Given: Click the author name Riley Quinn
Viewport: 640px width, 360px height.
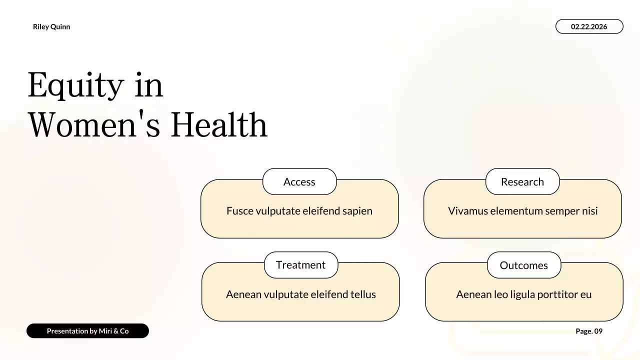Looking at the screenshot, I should pos(51,27).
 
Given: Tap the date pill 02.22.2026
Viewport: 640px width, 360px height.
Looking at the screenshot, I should pos(589,26).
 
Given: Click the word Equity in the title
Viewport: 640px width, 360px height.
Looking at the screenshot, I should pos(75,85).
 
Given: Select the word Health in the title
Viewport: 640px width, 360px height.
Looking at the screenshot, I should pos(219,125).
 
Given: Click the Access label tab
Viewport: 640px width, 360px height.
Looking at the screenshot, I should pos(299,182).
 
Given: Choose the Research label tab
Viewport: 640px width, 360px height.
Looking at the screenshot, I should pos(522,182).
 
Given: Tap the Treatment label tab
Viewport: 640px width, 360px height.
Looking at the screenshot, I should pos(300,265).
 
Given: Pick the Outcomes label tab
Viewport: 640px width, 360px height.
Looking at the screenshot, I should pos(523,265).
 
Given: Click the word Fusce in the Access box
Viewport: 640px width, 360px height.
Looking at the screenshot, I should pos(240,211).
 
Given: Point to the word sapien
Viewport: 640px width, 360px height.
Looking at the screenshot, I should pos(357,211).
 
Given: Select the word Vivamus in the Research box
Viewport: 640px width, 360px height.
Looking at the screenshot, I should pos(467,211).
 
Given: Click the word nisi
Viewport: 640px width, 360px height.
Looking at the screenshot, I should pos(589,211).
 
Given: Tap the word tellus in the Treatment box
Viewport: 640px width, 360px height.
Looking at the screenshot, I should pos(361,294).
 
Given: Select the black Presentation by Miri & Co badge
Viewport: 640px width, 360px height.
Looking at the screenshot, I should pos(87,331).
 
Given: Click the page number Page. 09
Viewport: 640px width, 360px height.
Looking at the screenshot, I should pos(589,331).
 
